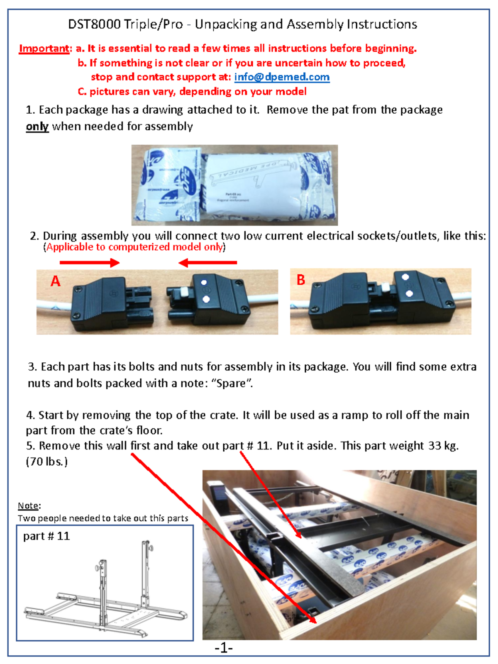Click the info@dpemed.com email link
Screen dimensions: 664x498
coord(282,77)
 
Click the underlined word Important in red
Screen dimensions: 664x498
coord(44,49)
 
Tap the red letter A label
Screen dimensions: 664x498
coord(55,281)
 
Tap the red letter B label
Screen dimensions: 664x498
coord(301,280)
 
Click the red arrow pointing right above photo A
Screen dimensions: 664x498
coord(89,262)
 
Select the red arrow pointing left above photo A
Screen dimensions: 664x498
coord(208,262)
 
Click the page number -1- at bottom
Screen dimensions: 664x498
coord(224,648)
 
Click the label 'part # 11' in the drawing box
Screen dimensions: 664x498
coord(46,536)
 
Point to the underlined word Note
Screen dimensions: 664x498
coord(28,505)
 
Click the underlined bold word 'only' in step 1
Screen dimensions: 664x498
coord(37,126)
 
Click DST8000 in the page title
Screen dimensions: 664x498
coord(94,24)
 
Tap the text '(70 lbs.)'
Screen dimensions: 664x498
coord(46,461)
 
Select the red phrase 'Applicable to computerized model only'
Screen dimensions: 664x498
coord(134,247)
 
